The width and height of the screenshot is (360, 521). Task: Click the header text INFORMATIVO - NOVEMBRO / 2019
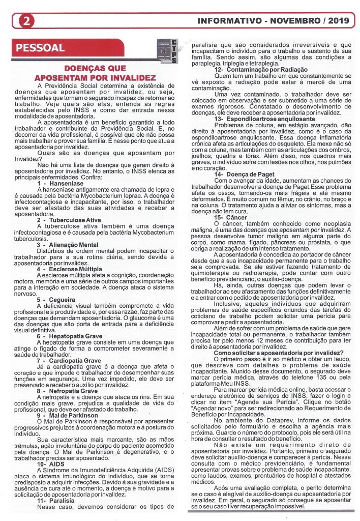[272, 21]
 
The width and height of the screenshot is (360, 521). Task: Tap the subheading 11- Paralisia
[56, 501]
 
